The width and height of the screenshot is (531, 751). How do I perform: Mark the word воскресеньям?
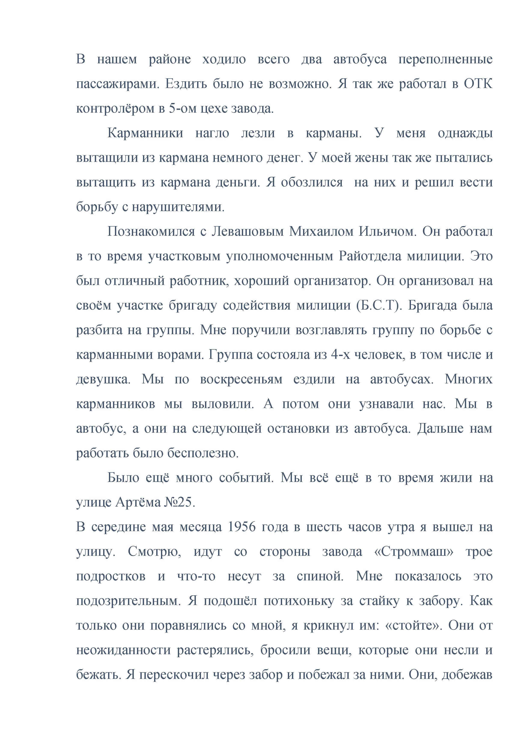click(x=241, y=379)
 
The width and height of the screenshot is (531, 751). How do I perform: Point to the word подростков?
click(x=111, y=576)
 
